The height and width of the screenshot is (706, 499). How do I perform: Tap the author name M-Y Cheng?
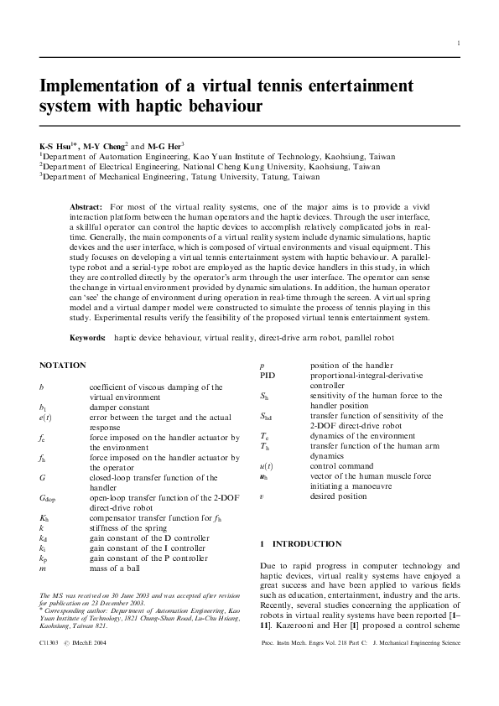click(104, 145)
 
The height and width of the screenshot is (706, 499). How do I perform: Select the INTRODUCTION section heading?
click(307, 544)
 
